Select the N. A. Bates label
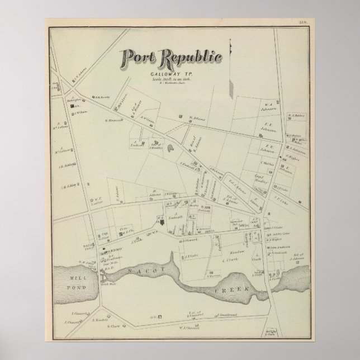295,116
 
